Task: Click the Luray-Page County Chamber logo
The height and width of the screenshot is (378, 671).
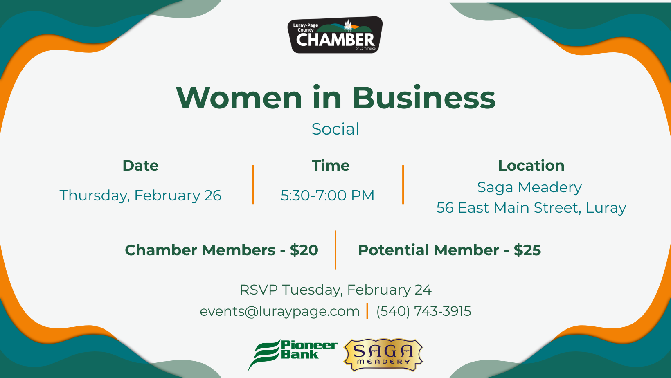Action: [x=335, y=35]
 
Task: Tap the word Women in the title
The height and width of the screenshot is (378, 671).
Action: [x=239, y=98]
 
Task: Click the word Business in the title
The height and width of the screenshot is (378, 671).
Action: [x=424, y=98]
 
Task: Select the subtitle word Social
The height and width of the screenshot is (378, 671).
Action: [x=335, y=129]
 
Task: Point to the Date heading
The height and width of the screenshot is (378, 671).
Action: [x=140, y=166]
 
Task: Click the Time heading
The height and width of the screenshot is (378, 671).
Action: [x=331, y=166]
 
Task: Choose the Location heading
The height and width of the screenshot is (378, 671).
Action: [x=531, y=166]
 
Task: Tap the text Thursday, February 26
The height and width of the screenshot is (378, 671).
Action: [x=140, y=196]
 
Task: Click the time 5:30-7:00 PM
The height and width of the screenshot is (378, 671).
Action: [x=327, y=195]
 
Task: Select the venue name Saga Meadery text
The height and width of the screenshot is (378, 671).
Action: [x=529, y=188]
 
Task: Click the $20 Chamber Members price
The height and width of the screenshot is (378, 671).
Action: [x=304, y=250]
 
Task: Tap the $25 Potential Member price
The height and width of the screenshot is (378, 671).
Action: [x=527, y=250]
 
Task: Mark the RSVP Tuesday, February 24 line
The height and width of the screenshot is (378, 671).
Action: [x=335, y=290]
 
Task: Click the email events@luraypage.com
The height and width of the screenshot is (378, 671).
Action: [x=279, y=311]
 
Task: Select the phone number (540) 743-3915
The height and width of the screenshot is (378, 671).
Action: [x=423, y=311]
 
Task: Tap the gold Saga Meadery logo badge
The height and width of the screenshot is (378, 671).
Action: [x=383, y=355]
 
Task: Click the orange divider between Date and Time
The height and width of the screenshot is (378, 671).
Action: [x=253, y=184]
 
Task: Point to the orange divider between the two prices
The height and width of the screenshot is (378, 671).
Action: [x=335, y=250]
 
